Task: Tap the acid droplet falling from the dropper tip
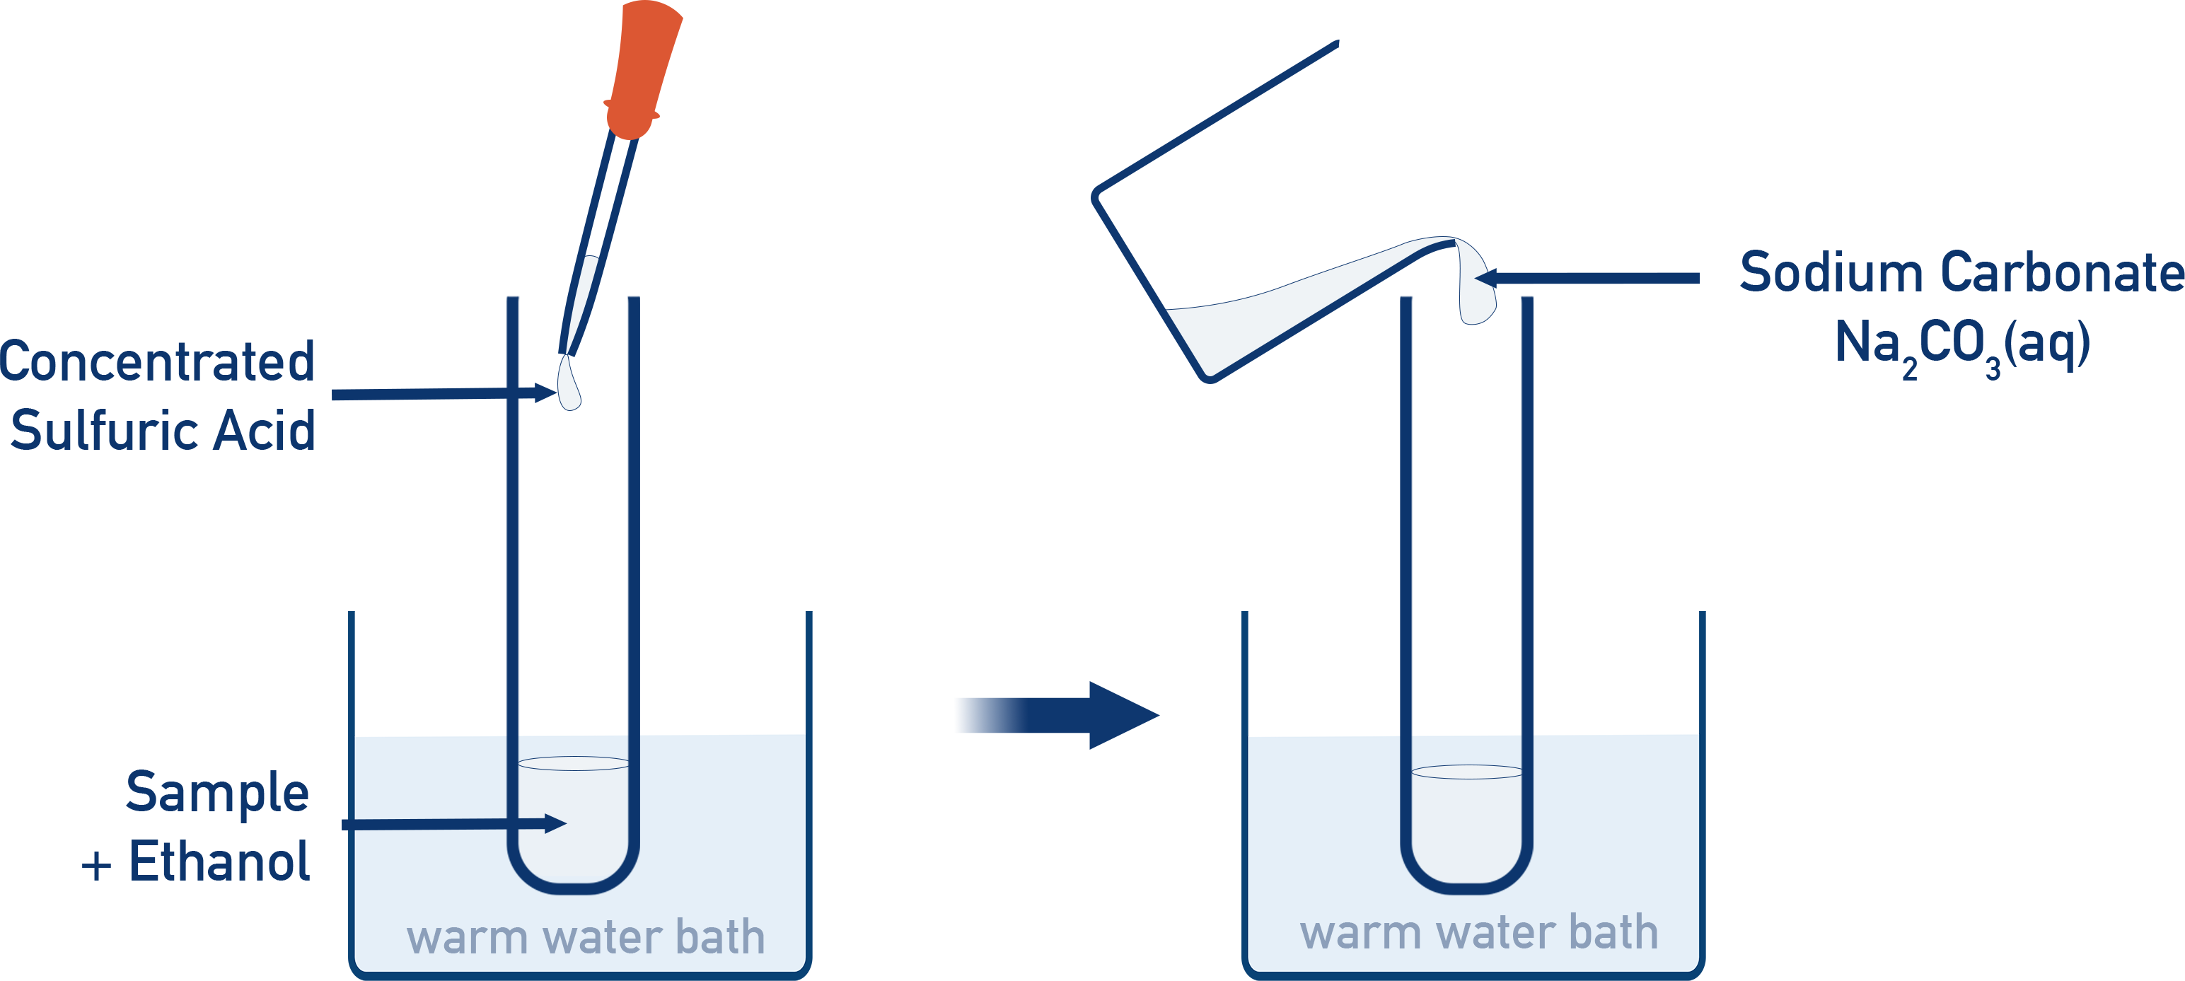(x=569, y=385)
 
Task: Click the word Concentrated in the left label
(x=158, y=362)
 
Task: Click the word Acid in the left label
(x=264, y=431)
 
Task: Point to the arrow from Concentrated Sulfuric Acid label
(x=441, y=393)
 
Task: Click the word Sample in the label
(x=217, y=793)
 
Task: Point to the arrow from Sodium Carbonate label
(x=1594, y=277)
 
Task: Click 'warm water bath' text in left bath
(x=585, y=938)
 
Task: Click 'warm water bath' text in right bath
(x=1478, y=933)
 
